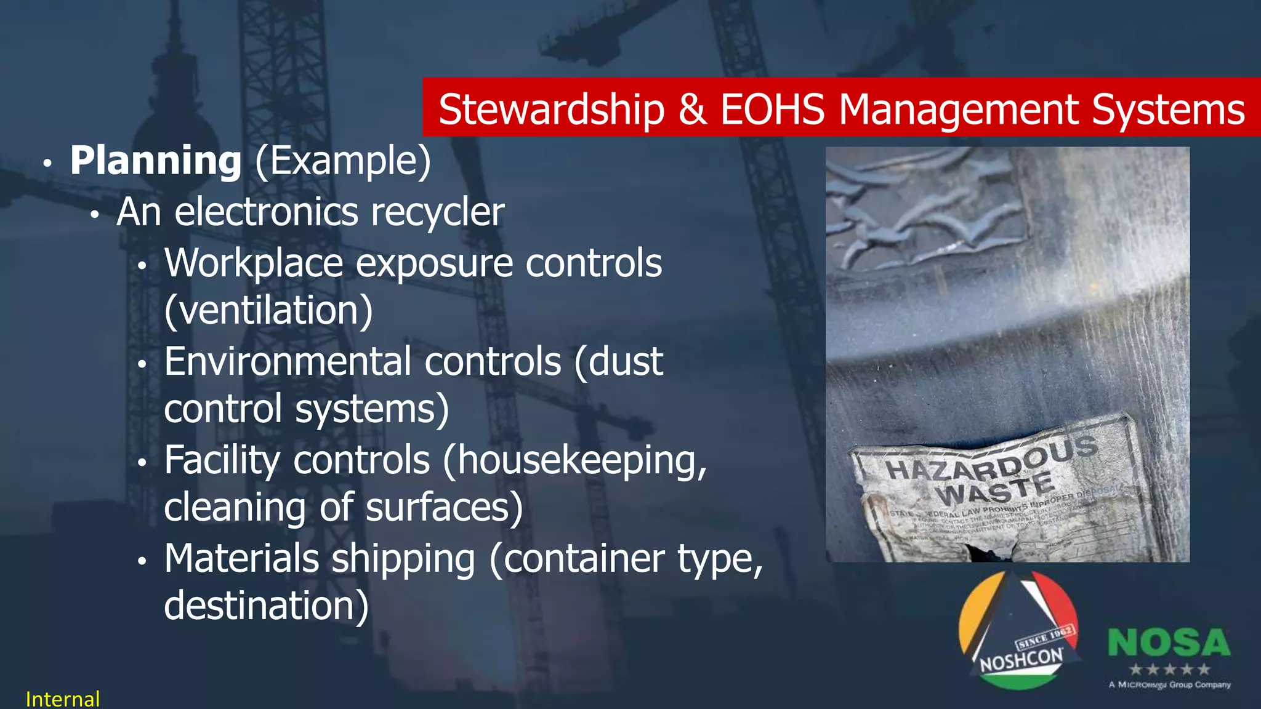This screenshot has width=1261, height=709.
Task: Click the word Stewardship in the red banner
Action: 552,110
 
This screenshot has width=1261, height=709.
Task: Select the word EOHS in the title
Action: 772,110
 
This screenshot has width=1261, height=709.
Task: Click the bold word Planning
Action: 156,161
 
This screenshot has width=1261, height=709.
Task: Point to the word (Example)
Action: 343,161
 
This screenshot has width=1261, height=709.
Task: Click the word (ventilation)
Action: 268,310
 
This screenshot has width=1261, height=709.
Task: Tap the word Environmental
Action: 288,361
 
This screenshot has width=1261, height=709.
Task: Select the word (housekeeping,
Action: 574,461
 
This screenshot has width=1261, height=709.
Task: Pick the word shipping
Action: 403,559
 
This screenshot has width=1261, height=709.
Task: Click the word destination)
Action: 266,606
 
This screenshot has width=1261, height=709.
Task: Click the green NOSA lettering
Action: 1169,643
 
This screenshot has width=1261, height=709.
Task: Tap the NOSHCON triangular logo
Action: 1020,631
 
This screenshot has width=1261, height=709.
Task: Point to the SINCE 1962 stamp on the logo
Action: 1045,638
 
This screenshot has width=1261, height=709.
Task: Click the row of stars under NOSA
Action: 1169,669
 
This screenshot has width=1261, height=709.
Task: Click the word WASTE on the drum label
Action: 995,489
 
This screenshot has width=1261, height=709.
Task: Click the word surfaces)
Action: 444,508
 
